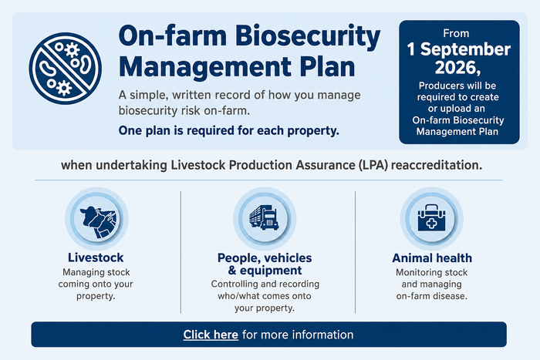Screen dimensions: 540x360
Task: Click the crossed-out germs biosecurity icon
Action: (66, 68)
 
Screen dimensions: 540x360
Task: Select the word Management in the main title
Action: (206, 67)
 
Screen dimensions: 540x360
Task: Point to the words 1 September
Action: (459, 49)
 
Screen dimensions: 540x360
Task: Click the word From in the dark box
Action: (456, 33)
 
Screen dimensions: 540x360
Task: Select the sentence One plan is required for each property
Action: (228, 131)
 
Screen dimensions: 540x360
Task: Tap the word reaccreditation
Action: (437, 165)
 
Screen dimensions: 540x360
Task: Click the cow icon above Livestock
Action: (96, 219)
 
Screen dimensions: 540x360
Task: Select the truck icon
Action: (264, 218)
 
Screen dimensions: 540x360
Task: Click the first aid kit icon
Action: (431, 217)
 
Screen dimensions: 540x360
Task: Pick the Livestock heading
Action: (96, 257)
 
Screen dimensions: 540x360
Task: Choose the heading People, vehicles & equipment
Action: (265, 264)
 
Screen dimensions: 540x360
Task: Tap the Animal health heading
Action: (432, 257)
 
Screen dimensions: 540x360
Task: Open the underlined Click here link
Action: (211, 335)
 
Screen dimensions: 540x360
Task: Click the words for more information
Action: (298, 335)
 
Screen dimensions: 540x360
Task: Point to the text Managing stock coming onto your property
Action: (96, 284)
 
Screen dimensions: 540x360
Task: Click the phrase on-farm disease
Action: (431, 296)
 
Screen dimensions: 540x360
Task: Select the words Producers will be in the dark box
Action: (457, 86)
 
